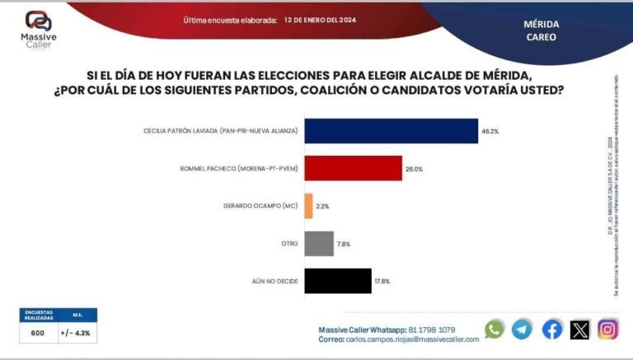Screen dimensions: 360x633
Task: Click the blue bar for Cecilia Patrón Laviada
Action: coord(391,131)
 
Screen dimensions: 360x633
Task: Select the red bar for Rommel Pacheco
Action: coord(353,169)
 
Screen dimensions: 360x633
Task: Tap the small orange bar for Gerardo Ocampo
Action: coord(308,206)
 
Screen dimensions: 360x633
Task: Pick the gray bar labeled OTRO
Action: coord(319,243)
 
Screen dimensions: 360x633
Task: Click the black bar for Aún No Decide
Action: coord(338,281)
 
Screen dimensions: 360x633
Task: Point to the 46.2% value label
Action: coord(492,131)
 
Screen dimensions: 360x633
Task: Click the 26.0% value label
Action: coord(415,169)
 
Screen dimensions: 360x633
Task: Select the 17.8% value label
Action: coord(384,281)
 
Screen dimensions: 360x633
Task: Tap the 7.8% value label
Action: coord(345,243)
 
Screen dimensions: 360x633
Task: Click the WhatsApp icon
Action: coord(495,330)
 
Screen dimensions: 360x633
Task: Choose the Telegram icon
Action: coord(523,330)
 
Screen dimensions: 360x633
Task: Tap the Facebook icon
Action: coord(552,330)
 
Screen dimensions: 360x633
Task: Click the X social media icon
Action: coord(580,330)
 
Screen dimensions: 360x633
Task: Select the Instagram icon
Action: coord(608,330)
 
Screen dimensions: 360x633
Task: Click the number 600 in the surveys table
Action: coord(38,333)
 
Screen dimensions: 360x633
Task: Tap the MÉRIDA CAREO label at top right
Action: coord(541,30)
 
